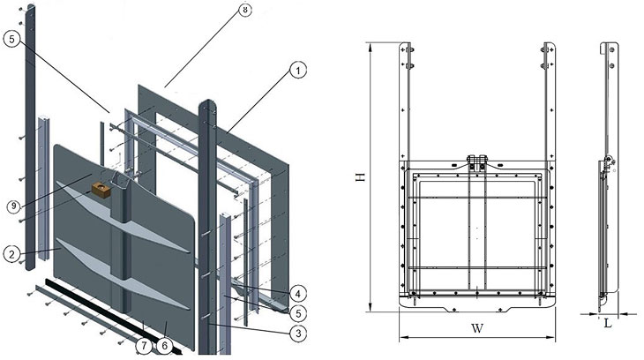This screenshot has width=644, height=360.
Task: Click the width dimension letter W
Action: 477,327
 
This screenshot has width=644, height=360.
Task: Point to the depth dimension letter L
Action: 607,323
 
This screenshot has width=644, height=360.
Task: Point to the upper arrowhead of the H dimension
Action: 371,46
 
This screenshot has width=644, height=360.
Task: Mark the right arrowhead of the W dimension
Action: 556,337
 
